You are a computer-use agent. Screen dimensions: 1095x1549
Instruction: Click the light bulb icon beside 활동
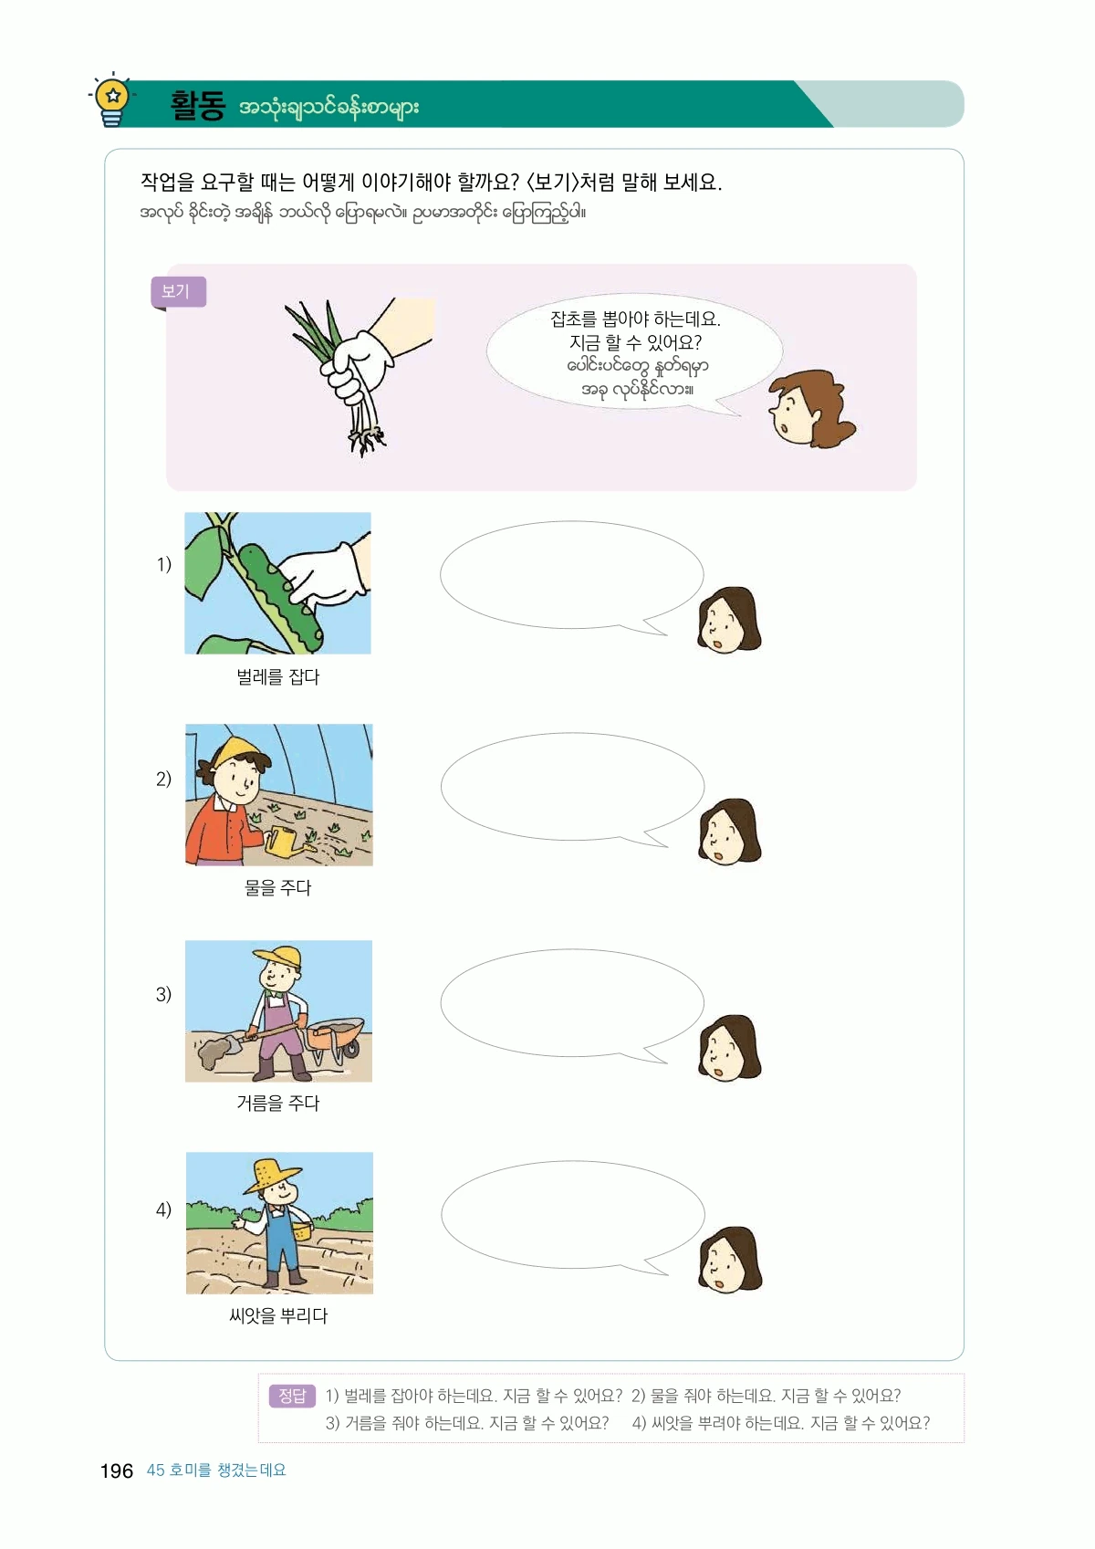click(112, 100)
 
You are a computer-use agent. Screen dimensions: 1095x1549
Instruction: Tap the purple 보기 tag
click(178, 291)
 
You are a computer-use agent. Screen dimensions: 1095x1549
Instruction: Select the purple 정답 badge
click(292, 1396)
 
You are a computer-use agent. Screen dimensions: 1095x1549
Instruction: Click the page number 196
click(116, 1471)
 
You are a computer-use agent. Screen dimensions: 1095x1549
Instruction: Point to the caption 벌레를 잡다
click(278, 676)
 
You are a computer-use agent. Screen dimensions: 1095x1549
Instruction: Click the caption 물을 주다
click(278, 887)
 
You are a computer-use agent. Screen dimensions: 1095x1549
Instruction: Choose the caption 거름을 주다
click(278, 1103)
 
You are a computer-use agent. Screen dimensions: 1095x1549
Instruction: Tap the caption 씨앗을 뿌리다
click(278, 1314)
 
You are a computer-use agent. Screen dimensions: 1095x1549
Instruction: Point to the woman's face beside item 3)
click(728, 1048)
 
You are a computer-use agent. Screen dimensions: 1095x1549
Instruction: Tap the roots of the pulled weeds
click(366, 441)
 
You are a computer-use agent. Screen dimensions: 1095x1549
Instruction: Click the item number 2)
click(163, 779)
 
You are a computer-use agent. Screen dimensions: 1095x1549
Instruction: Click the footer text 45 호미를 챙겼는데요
click(216, 1470)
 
